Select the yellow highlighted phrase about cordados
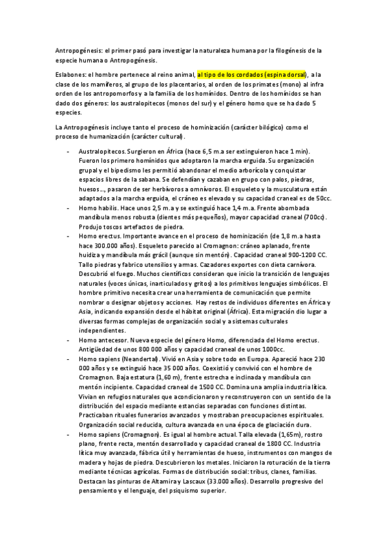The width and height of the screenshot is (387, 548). pyautogui.click(x=253, y=74)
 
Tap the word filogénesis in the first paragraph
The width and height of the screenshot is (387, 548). pyautogui.click(x=285, y=49)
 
